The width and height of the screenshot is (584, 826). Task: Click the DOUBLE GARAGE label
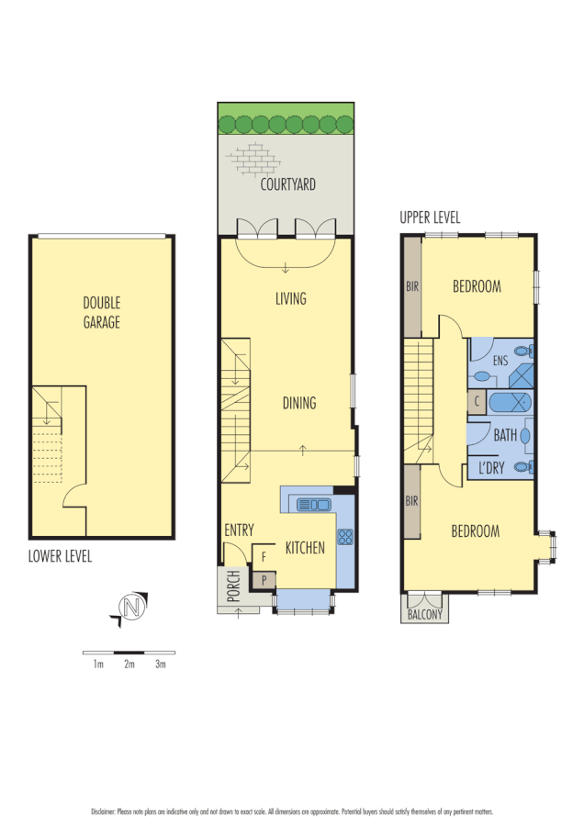coord(102,312)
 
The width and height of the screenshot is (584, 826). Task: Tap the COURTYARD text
coord(287,184)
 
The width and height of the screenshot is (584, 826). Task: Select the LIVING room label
coord(290,298)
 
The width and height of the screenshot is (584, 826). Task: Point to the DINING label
coord(299,403)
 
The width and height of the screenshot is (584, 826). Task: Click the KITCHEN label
coord(305,548)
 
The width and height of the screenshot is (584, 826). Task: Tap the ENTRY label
coord(239,530)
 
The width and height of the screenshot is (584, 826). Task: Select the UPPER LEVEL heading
coord(430,218)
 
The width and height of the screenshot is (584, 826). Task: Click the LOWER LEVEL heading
coord(60,556)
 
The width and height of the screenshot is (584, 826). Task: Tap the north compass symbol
coord(129,608)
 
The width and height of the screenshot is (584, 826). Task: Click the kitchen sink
coord(313,504)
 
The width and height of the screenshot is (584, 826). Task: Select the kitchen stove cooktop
coord(345,538)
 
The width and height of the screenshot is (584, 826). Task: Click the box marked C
coord(476,401)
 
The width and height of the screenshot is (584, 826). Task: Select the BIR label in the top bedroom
coord(412,286)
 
